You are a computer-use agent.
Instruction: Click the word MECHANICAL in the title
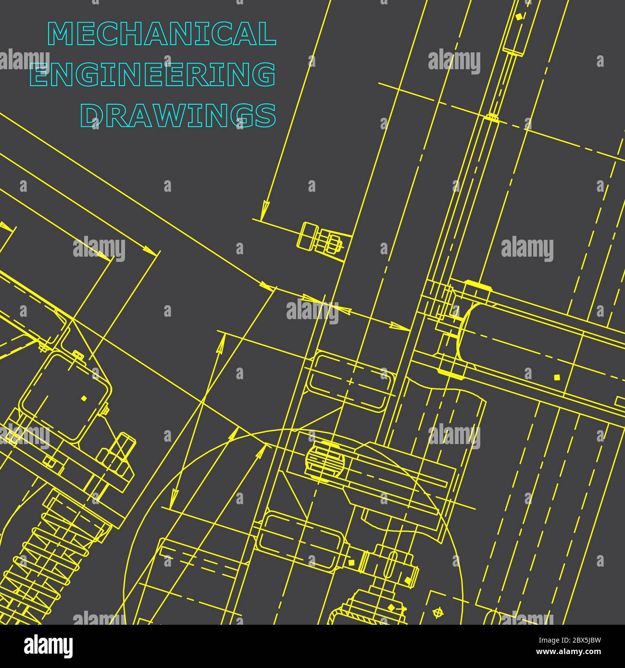click(x=162, y=34)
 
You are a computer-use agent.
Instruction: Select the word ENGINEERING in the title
click(x=153, y=75)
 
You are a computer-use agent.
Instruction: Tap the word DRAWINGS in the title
click(x=178, y=115)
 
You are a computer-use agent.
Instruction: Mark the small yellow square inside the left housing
click(x=84, y=398)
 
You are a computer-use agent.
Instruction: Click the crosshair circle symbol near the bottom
click(x=437, y=612)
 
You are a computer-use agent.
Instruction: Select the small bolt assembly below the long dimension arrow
click(x=320, y=238)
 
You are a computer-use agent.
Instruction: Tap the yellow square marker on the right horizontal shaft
click(x=557, y=377)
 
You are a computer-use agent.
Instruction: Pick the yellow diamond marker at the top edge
click(x=518, y=17)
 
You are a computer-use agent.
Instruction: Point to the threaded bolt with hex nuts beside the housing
click(x=118, y=457)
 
